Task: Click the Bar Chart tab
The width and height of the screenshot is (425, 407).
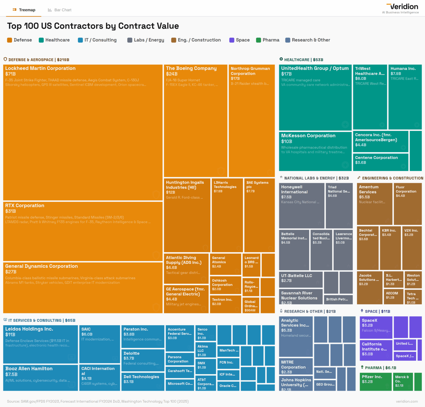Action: click(60, 10)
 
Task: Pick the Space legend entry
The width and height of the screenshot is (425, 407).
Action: click(239, 40)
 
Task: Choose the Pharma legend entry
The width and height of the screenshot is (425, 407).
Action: click(268, 40)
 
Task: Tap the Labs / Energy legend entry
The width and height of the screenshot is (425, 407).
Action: click(146, 40)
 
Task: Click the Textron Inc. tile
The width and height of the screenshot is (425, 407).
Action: click(225, 304)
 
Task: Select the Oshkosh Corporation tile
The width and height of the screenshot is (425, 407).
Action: click(225, 285)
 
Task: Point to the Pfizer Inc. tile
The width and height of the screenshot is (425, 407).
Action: click(375, 382)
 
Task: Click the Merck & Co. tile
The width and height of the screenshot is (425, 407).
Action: click(403, 382)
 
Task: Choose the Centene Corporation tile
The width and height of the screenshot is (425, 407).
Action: click(380, 162)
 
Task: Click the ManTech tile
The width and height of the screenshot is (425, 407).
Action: click(229, 351)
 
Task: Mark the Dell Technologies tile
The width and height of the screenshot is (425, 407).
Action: click(143, 382)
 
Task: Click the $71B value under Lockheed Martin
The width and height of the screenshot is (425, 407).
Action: click(11, 74)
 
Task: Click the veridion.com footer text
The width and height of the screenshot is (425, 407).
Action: click(407, 401)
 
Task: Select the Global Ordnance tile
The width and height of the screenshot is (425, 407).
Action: click(251, 306)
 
